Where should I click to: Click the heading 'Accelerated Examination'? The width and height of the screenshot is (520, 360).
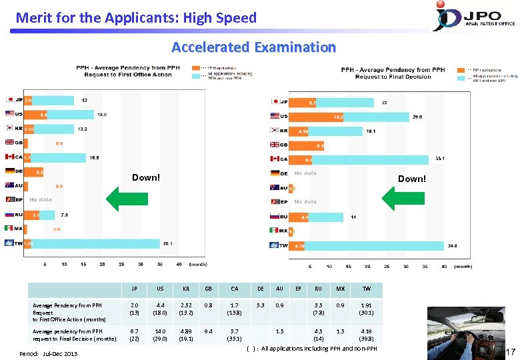click(253, 47)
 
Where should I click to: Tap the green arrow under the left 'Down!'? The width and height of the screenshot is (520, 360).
click(127, 197)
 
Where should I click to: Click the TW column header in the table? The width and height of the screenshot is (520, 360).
click(366, 289)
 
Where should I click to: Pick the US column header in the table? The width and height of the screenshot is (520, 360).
click(160, 289)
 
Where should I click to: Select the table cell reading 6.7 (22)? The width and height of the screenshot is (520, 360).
click(134, 333)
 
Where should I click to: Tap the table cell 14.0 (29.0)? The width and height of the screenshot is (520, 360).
click(160, 333)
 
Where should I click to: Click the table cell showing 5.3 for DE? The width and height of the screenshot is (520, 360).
click(260, 306)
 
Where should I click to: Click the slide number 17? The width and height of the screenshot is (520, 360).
click(511, 351)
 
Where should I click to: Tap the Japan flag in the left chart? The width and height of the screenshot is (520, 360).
click(9, 100)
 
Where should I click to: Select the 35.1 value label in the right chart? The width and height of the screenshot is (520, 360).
click(441, 159)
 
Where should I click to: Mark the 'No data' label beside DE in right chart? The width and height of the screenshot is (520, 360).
click(305, 173)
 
